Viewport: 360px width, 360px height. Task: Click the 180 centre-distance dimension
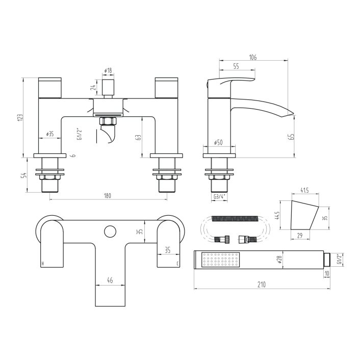(x=107, y=196)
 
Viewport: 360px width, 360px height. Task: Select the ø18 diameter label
(x=108, y=70)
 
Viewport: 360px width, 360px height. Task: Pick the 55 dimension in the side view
(x=236, y=67)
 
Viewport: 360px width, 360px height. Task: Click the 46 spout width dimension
(x=110, y=280)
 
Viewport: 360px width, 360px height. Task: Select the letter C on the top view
(x=177, y=264)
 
